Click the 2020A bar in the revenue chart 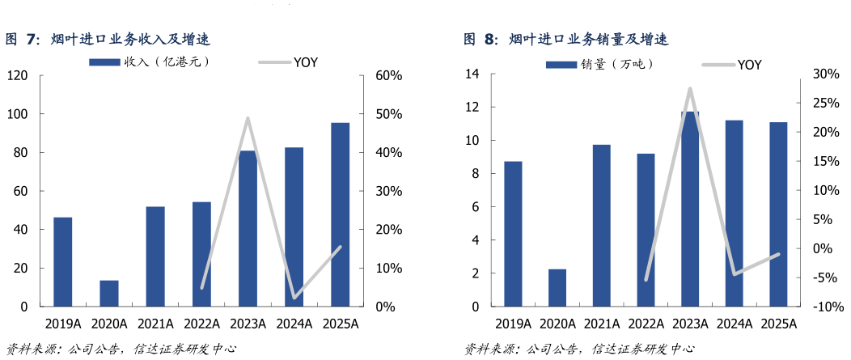[x=109, y=294]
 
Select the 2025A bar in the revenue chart [x=341, y=214]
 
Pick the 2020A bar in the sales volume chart [x=557, y=288]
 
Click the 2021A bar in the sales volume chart [x=601, y=226]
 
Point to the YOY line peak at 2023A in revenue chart [x=248, y=119]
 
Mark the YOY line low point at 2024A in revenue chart [x=294, y=297]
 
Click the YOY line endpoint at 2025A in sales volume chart [x=778, y=254]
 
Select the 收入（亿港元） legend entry [x=150, y=61]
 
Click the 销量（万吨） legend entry [x=599, y=64]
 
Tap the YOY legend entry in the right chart [x=732, y=65]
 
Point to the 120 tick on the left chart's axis [x=17, y=76]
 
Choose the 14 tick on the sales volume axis [x=472, y=74]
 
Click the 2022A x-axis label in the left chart [x=201, y=324]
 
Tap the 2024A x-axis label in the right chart [x=734, y=324]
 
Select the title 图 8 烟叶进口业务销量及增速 [x=565, y=39]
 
